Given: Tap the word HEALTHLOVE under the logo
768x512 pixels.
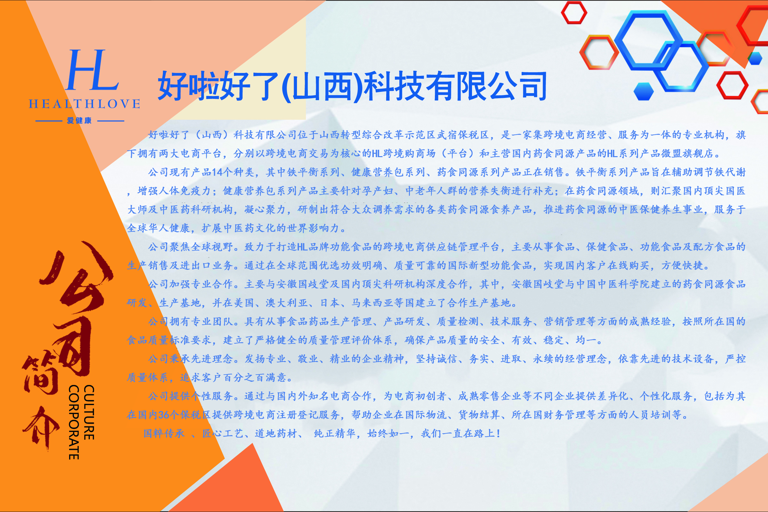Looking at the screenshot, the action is pos(84,104).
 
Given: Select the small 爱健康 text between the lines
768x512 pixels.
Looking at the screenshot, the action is pos(79,121).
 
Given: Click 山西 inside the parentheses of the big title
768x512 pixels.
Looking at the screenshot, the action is pos(322,86).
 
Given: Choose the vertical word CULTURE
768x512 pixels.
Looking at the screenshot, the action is pos(89,412).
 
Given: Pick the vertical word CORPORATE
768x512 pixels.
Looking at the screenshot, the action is pos(74,422).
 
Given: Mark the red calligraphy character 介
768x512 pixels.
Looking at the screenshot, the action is pos(41,428).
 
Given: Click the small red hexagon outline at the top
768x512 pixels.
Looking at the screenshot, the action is pos(574,12).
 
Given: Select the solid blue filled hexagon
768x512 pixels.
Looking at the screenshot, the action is pos(644,91).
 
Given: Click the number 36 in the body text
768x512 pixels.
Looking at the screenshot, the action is pos(163,415).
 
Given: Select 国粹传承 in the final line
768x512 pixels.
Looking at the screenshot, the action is pos(164,433).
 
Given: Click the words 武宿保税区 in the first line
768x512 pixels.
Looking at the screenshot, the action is pos(463,134).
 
